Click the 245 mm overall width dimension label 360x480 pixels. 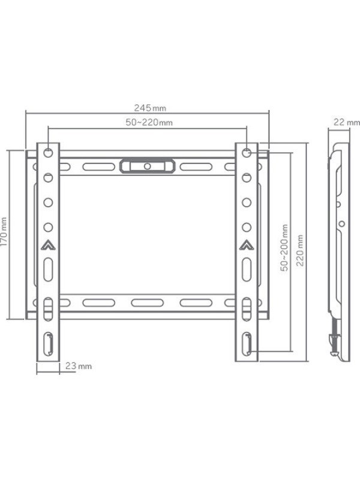click(x=150, y=108)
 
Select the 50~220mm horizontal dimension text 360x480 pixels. click(x=149, y=123)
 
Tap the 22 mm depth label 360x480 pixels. click(x=346, y=122)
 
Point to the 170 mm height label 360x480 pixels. click(x=5, y=234)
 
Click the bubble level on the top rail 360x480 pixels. click(x=147, y=165)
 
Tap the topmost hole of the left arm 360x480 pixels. click(x=48, y=152)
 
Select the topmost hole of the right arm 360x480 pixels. click(x=247, y=152)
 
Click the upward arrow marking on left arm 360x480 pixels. click(x=48, y=244)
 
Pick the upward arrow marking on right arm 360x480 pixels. click(x=247, y=244)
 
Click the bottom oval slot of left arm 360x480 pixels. click(x=48, y=346)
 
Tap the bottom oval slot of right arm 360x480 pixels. click(x=247, y=346)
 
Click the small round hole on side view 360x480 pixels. click(x=341, y=223)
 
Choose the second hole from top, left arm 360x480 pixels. click(x=48, y=177)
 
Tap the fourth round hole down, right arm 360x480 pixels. click(x=247, y=227)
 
